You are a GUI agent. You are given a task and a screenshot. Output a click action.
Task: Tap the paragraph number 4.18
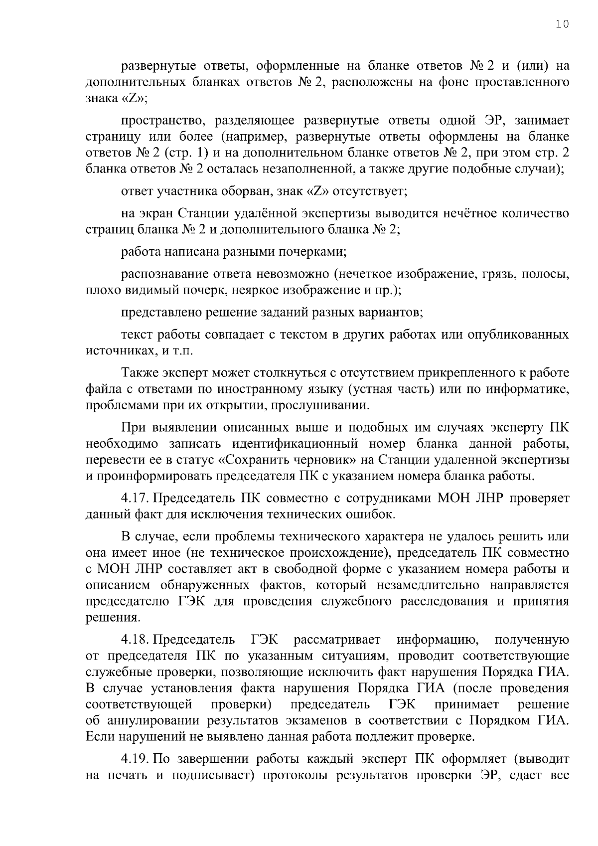[135, 640]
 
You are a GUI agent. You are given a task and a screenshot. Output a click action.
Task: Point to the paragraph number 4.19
[135, 759]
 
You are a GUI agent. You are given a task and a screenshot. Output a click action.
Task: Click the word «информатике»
[530, 389]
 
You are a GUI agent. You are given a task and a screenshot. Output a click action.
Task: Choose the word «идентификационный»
[295, 444]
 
